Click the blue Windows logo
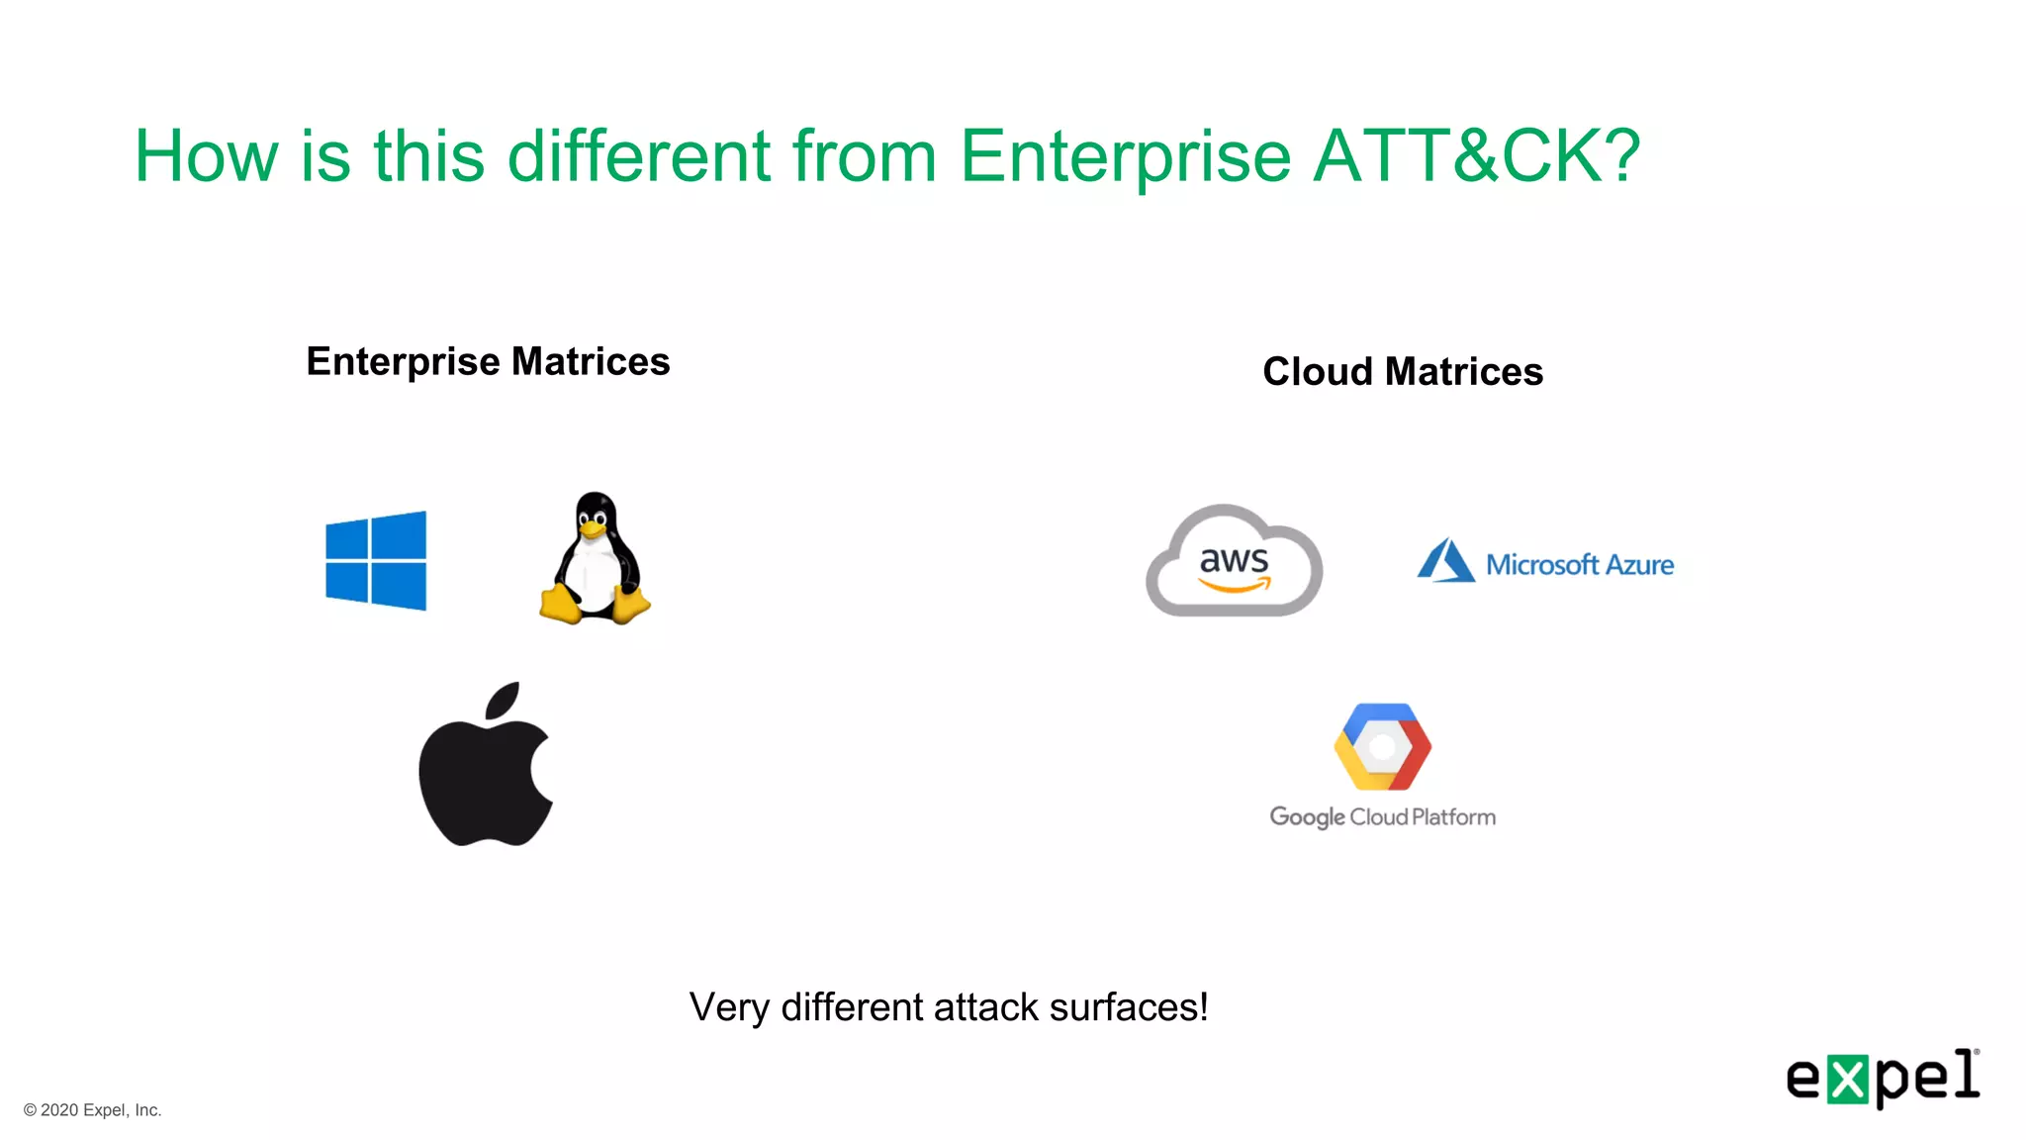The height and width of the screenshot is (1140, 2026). (x=376, y=560)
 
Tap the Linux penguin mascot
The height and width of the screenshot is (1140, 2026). (x=595, y=559)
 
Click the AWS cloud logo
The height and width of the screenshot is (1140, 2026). (x=1234, y=561)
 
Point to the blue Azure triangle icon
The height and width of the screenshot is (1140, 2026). (x=1445, y=561)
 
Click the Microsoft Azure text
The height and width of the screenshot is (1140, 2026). (x=1580, y=565)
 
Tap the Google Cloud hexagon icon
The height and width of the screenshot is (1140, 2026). (x=1382, y=747)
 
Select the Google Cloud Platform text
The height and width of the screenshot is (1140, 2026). (x=1382, y=817)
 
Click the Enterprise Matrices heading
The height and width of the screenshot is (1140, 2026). (x=488, y=362)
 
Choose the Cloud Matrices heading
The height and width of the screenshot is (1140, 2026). (x=1403, y=372)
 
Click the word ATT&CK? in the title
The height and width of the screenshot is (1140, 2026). (x=1477, y=156)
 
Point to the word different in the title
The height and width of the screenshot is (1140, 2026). (x=638, y=156)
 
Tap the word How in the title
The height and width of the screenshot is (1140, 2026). (x=206, y=156)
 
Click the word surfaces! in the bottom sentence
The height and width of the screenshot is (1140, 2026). (x=1129, y=1007)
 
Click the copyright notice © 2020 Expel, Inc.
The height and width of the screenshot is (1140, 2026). (x=93, y=1110)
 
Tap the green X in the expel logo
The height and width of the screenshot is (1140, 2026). (x=1847, y=1079)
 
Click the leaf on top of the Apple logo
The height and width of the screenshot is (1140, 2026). (x=505, y=700)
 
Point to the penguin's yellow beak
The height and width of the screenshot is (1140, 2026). (x=593, y=529)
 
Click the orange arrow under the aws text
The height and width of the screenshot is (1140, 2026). (x=1236, y=586)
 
